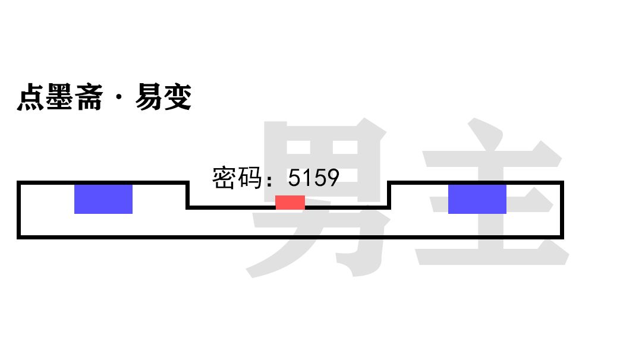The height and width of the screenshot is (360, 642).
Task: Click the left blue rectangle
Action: coord(103,199)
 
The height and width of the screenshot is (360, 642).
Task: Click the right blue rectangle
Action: coord(477,199)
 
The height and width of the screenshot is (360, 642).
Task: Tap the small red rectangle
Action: coord(290,202)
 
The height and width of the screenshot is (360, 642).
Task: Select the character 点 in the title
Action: coord(31,97)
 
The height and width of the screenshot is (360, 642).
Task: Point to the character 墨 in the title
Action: coord(59,97)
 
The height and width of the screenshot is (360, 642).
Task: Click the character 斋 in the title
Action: coord(89,97)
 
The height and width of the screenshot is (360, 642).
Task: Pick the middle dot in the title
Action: coord(119,97)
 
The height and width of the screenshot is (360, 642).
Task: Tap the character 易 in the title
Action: coord(149,97)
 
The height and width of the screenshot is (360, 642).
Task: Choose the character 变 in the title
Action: coord(177,97)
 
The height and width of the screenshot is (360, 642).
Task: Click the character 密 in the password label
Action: coord(224,178)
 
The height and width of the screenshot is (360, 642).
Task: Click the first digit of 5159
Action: coord(294,178)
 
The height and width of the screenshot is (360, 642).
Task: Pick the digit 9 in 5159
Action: coord(332,178)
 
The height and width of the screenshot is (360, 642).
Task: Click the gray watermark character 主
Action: coord(492,192)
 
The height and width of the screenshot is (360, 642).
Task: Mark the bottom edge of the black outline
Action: coord(290,237)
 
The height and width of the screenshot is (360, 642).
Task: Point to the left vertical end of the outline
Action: coord(19,210)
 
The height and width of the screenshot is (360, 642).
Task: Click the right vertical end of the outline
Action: coord(562,210)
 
